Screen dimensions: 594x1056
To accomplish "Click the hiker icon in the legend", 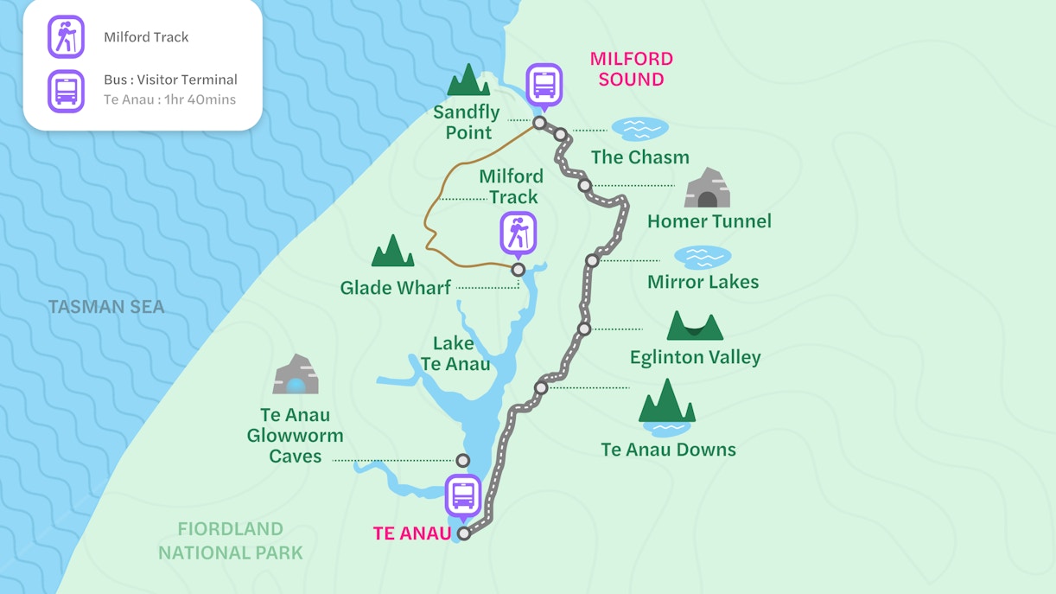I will point(66,37).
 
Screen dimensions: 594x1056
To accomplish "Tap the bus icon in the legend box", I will point(66,91).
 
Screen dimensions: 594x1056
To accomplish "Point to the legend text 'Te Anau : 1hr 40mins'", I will point(169,99).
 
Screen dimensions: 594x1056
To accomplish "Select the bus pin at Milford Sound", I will point(544,85).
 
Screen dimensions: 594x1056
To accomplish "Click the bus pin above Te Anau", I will point(463,496).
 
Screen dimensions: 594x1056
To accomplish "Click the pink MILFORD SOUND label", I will point(632,69).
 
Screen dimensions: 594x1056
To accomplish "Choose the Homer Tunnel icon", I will point(707,188).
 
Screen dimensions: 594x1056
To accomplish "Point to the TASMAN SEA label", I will point(106,307).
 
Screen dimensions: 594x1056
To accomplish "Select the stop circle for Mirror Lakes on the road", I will point(592,260).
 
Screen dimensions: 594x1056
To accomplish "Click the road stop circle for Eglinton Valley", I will point(584,329).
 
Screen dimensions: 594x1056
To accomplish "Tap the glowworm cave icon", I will point(296,375).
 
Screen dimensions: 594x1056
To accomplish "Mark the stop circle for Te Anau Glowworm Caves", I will point(463,460).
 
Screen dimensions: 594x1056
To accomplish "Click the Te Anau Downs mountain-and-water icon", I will point(666,408).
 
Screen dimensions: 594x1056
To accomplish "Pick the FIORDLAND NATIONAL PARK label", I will point(230,540).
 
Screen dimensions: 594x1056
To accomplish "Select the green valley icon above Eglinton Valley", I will point(695,326).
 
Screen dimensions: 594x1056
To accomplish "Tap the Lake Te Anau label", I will point(455,354).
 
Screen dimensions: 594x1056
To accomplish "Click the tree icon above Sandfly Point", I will point(468,80).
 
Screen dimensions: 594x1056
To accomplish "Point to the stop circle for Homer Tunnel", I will point(585,185).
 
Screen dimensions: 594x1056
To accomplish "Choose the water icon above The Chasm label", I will point(639,129).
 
